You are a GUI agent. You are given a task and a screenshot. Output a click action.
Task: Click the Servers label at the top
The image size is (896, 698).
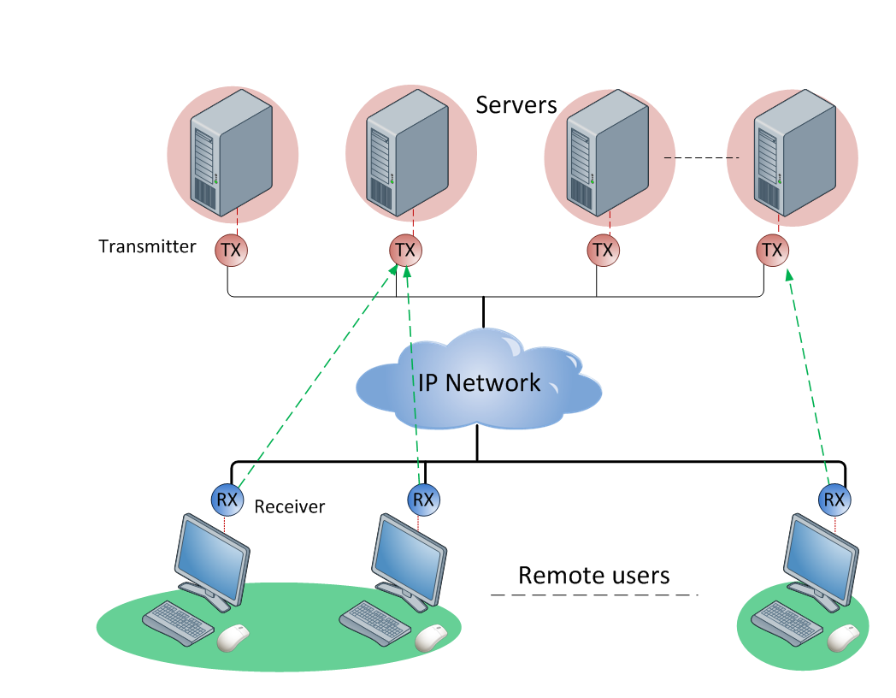[516, 105]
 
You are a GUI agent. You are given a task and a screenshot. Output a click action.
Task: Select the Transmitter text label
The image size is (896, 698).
[147, 247]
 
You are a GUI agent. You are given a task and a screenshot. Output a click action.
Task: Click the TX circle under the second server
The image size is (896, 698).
[406, 251]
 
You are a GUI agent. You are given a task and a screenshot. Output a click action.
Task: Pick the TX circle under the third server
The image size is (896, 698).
[603, 251]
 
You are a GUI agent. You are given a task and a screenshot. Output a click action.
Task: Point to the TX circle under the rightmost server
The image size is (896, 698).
[772, 251]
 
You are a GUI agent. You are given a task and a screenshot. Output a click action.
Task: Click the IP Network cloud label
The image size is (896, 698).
[479, 382]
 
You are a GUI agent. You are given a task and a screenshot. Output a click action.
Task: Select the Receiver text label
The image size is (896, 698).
[290, 507]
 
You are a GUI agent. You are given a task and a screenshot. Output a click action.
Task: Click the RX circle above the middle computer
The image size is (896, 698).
[423, 499]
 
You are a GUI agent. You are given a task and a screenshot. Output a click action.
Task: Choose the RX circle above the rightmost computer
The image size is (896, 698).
[834, 499]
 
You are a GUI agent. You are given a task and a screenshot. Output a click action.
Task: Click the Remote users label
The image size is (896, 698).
[593, 575]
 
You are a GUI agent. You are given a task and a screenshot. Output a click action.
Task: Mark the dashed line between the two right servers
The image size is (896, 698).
[701, 158]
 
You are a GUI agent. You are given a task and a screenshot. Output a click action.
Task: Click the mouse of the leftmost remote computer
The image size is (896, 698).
[233, 636]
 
